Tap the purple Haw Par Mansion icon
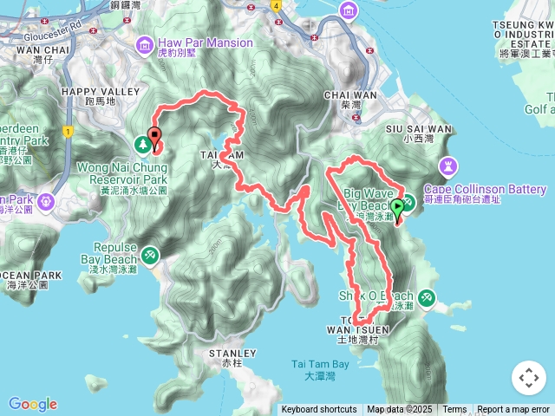coord(144,42)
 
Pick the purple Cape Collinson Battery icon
coord(448,164)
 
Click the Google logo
coord(33,404)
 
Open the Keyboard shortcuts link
coord(318,410)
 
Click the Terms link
coord(454,410)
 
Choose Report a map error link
coord(513,410)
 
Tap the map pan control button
coord(528,378)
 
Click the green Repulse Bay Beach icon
coord(151,255)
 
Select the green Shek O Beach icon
coord(426,297)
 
